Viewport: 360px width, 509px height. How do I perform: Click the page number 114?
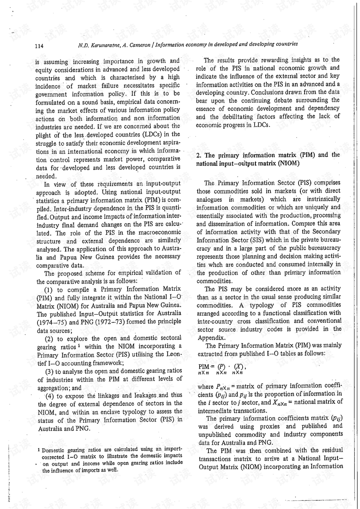click(39, 46)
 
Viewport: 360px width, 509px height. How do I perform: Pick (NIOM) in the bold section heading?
click(289, 164)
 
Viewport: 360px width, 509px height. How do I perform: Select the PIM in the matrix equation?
click(204, 366)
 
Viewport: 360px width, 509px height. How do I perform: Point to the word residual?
click(330, 450)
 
